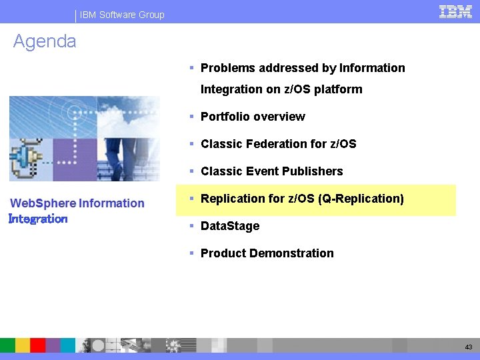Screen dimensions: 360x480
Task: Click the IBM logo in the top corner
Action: pos(456,11)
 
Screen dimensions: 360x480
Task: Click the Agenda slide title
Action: pos(45,41)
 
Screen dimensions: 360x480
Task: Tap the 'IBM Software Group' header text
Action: pos(122,15)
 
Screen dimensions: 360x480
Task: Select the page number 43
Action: pos(469,347)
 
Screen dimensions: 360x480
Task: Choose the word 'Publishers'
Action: pos(312,171)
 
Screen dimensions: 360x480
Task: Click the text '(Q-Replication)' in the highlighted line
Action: pos(362,199)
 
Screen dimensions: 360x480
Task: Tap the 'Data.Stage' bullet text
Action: pos(230,226)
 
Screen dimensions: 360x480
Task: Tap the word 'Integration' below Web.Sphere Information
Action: pos(38,219)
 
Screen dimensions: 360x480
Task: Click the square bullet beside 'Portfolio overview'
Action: pos(191,116)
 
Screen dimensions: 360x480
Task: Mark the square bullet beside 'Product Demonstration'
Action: pos(191,253)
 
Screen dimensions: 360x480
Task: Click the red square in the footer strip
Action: pos(37,345)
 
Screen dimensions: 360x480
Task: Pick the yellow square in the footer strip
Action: pos(22,345)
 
